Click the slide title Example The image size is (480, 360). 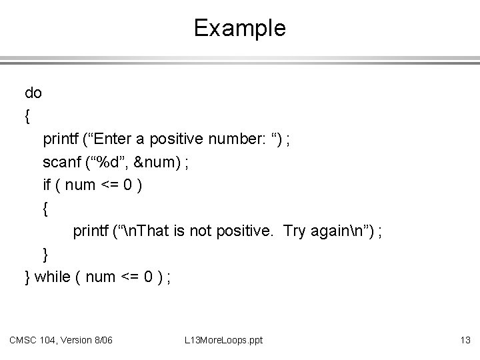point(239,28)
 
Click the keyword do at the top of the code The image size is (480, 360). point(33,93)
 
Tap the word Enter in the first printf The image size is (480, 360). point(125,139)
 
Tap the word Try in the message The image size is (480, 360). point(295,231)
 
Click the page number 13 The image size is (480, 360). point(465,341)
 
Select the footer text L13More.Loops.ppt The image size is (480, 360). point(223,341)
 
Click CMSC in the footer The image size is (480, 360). point(23,341)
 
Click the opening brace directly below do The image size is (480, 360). point(27,116)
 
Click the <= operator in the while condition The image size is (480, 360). point(129,277)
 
